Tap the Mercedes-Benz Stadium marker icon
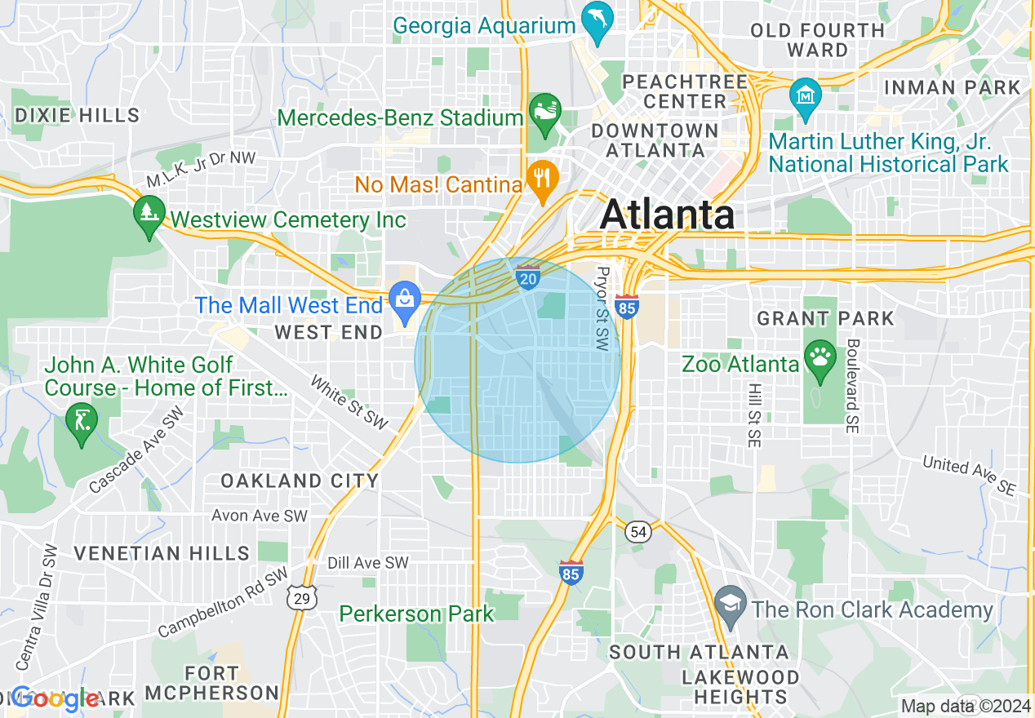coord(544,110)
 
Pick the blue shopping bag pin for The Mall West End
coord(405,299)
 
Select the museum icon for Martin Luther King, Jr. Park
coord(806,95)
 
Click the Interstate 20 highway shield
coord(528,279)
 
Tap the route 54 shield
coord(639,532)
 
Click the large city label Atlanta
coord(667,215)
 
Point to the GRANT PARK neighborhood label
coord(825,318)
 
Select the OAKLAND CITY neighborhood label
coord(300,481)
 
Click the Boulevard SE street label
coord(852,386)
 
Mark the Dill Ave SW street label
coord(367,563)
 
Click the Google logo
coord(56,699)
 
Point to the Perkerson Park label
coord(416,614)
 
